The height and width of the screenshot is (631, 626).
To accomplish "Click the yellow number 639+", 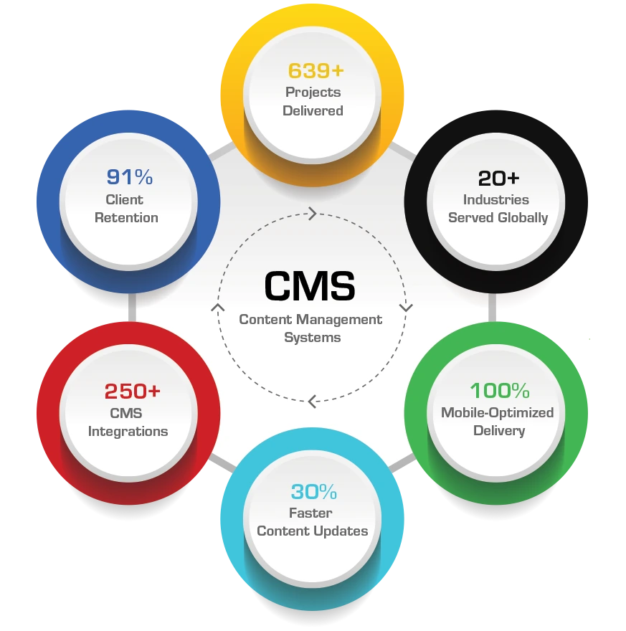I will click(313, 71).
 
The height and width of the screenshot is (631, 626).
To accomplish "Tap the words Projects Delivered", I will click(313, 101).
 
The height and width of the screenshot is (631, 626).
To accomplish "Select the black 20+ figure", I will click(498, 178).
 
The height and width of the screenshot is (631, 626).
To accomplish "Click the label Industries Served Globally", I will click(498, 208).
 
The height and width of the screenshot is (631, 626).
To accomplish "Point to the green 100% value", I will click(499, 391).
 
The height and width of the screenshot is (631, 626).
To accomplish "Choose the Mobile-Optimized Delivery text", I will click(498, 422).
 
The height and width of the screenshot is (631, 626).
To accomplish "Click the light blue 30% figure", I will click(313, 492).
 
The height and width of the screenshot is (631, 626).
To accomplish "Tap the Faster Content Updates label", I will click(313, 522).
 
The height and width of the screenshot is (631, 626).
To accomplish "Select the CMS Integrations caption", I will click(128, 422).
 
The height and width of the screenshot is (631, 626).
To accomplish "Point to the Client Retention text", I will click(126, 208).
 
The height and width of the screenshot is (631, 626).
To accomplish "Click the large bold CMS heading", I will click(310, 286).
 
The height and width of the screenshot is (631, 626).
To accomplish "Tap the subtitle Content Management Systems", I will click(311, 328).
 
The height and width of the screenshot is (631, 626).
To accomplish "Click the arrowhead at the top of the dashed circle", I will click(312, 213).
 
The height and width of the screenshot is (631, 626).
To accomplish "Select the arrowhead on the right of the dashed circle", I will click(406, 307).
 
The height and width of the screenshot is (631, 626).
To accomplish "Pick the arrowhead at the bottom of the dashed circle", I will click(312, 402).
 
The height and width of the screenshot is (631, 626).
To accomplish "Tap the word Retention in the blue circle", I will click(126, 217).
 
